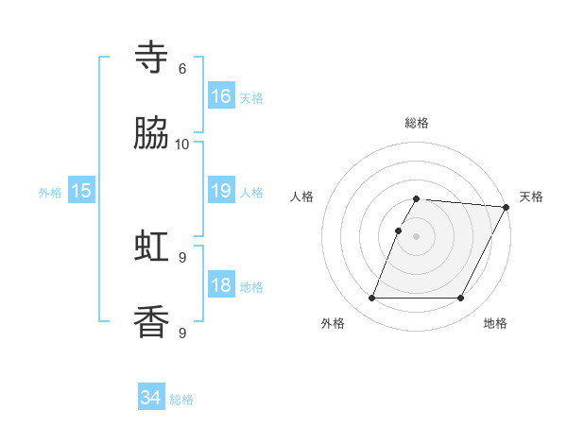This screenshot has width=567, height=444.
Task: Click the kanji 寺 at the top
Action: pyautogui.click(x=151, y=58)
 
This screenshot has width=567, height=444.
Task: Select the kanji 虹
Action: pyautogui.click(x=151, y=247)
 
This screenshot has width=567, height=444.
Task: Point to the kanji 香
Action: pyautogui.click(x=151, y=322)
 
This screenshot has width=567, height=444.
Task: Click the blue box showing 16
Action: pyautogui.click(x=221, y=96)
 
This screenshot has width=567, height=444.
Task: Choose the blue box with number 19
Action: pyautogui.click(x=221, y=191)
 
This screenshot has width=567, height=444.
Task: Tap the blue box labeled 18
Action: pyautogui.click(x=221, y=285)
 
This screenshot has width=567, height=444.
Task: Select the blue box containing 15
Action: pyautogui.click(x=81, y=191)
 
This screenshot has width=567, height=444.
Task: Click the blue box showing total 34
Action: pyautogui.click(x=151, y=398)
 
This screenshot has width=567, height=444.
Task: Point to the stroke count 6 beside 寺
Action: pyautogui.click(x=182, y=69)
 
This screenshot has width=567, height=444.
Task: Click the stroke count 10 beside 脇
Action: pyautogui.click(x=182, y=145)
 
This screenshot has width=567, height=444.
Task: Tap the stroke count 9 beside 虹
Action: pyautogui.click(x=182, y=258)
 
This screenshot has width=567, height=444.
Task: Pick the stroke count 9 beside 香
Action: pyautogui.click(x=182, y=333)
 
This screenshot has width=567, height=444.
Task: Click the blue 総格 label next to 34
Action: pyautogui.click(x=181, y=400)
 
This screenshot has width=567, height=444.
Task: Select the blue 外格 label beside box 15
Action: pyautogui.click(x=50, y=193)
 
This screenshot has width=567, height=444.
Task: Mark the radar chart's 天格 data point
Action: pyautogui.click(x=507, y=207)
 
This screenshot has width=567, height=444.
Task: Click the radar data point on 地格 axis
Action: pyautogui.click(x=460, y=299)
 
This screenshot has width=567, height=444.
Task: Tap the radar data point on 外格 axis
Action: pyautogui.click(x=371, y=299)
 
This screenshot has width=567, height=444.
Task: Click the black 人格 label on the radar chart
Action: pyautogui.click(x=302, y=196)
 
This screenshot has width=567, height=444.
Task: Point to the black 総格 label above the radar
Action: pyautogui.click(x=417, y=123)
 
